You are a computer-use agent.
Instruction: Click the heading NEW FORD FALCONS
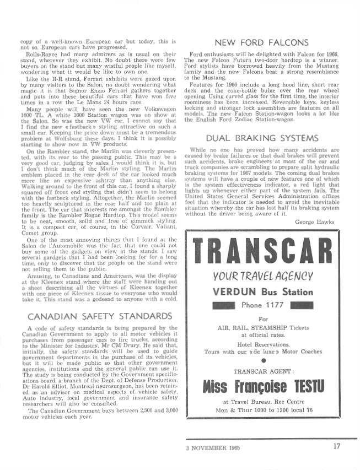point(261,42)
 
